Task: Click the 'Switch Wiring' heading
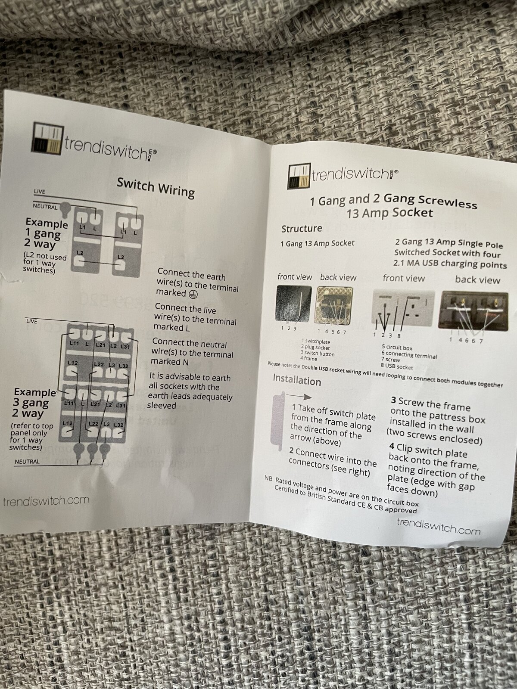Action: (x=156, y=188)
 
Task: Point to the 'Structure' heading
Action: (x=302, y=229)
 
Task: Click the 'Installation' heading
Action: (x=297, y=380)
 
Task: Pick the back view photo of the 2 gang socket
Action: (x=475, y=311)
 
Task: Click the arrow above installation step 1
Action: (x=299, y=396)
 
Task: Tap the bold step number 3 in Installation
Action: (x=393, y=401)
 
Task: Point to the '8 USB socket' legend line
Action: (x=397, y=366)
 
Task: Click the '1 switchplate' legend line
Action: (x=316, y=341)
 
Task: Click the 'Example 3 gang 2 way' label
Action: (x=34, y=402)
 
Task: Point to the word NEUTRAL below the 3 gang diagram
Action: (x=27, y=462)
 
